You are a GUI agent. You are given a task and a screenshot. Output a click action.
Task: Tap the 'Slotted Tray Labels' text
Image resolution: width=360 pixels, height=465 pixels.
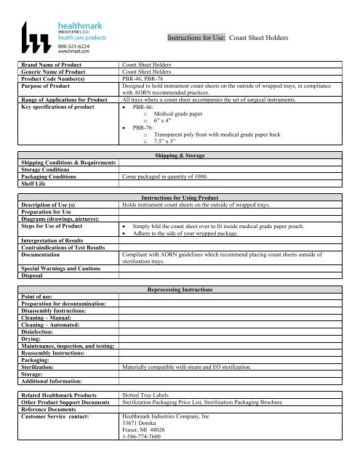(x=147, y=395)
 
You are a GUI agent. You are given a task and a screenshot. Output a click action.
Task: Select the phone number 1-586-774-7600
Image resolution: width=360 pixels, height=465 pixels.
(x=145, y=445)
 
